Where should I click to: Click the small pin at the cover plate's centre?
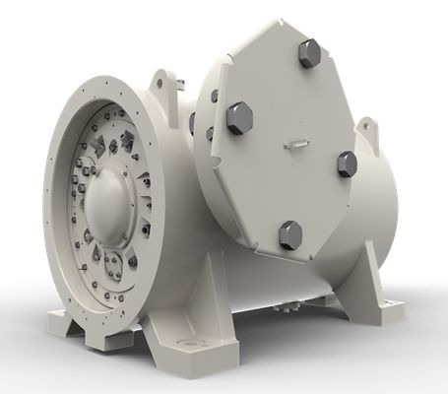click(294, 144)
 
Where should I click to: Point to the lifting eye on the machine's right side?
click(367, 127)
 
